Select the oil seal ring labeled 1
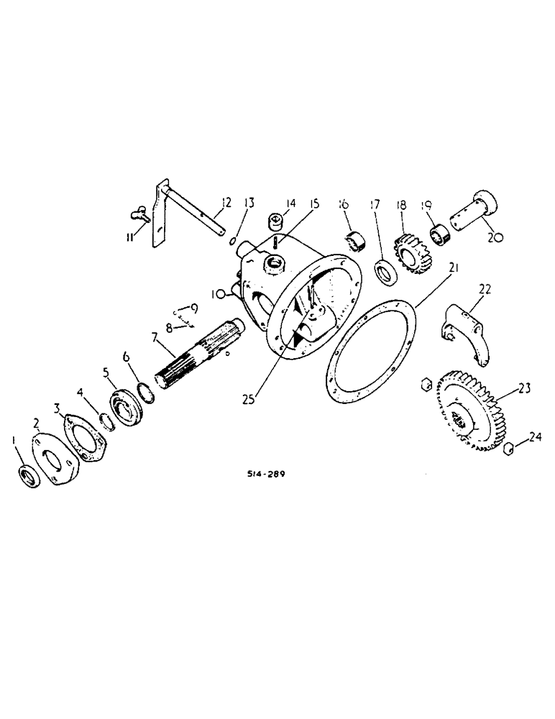[x=29, y=476]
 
